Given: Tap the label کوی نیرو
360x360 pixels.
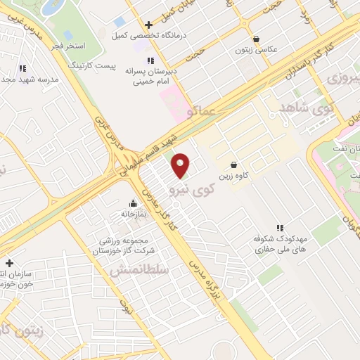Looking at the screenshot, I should [191, 189].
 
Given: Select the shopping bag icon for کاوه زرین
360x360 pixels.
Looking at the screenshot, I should [233, 165].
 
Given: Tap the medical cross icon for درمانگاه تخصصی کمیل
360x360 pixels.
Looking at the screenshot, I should [148, 25].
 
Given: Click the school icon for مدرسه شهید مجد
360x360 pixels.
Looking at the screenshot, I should [22, 68].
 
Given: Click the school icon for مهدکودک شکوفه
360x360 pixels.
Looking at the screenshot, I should [280, 227].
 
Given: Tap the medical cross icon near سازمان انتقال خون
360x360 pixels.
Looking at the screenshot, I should [9, 262].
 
